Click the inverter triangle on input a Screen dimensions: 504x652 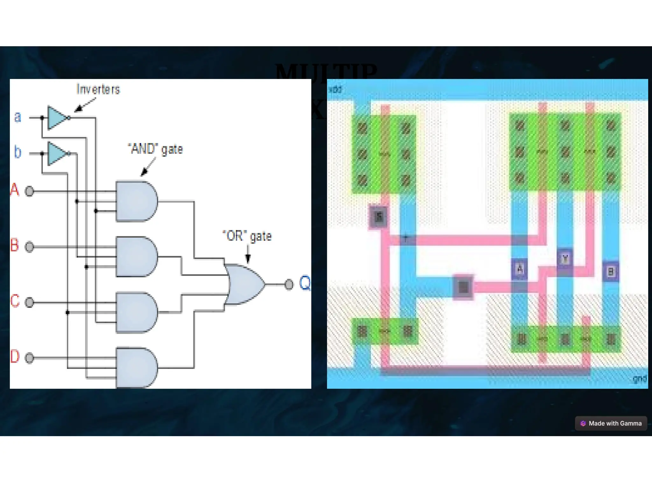[57, 118]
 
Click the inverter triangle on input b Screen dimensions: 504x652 [57, 154]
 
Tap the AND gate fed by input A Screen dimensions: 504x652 [136, 201]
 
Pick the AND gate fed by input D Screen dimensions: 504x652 [136, 368]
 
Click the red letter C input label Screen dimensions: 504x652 [15, 301]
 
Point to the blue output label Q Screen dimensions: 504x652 [305, 283]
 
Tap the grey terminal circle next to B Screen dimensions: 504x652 [29, 247]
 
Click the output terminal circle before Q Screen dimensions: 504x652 [289, 284]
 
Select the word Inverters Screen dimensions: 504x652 [98, 89]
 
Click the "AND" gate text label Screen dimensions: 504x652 [155, 149]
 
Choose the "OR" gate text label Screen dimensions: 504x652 [247, 236]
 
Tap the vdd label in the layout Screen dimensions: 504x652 [335, 90]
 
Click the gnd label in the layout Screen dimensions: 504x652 [639, 379]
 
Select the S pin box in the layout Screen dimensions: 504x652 [379, 217]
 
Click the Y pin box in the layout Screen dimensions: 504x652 [565, 259]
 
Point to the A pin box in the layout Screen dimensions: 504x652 [520, 269]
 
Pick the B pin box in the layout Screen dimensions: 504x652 [611, 272]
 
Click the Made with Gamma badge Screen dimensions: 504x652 [611, 423]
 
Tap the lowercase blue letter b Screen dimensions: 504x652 [18, 152]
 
